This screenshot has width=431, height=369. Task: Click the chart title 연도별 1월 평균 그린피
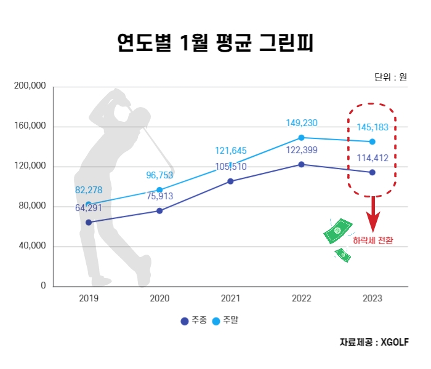[216, 42]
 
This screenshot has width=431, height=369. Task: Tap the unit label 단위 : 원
[390, 77]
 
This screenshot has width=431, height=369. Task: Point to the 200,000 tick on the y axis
[30, 87]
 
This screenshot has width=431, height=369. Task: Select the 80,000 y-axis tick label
[31, 206]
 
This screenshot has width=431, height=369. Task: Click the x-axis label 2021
[230, 298]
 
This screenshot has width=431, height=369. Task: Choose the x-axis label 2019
[89, 298]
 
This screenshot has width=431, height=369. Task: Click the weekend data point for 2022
[301, 138]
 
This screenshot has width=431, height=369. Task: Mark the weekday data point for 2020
[159, 211]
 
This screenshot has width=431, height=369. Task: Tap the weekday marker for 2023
[372, 172]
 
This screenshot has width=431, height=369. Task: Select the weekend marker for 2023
[372, 141]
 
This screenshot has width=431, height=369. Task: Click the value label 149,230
[301, 123]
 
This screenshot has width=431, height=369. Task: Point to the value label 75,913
[159, 197]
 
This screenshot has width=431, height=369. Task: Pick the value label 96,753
[159, 175]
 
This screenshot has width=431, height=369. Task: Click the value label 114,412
[372, 158]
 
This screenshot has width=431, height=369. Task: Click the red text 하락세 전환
[372, 240]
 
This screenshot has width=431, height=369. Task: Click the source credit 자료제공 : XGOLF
[374, 343]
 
